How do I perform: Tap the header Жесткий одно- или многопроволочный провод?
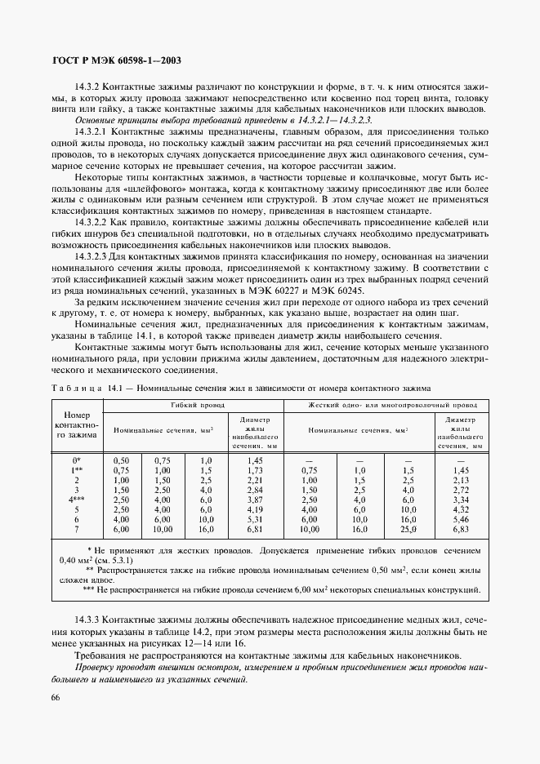click(x=392, y=405)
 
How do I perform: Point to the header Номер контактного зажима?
click(x=75, y=424)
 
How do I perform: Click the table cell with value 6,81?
click(x=253, y=553)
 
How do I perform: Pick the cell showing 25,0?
click(x=408, y=553)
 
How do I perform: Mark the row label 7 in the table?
click(x=76, y=553)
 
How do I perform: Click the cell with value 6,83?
click(x=461, y=553)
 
